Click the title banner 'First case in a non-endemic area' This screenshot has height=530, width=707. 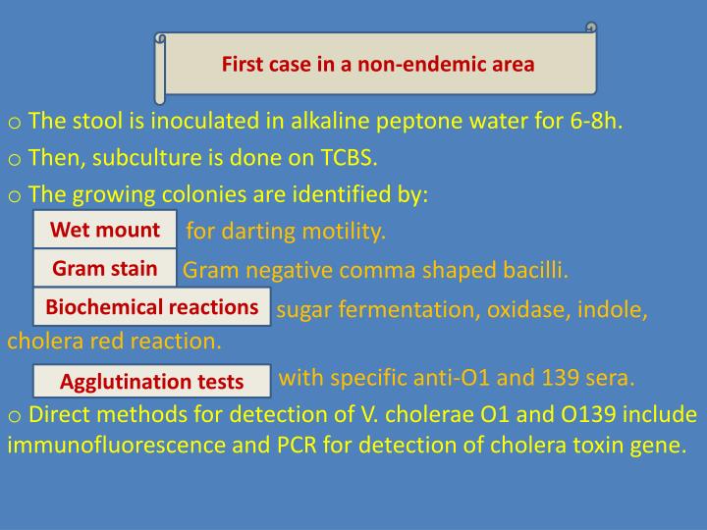pyautogui.click(x=378, y=65)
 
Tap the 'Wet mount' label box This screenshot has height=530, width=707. pyautogui.click(x=105, y=230)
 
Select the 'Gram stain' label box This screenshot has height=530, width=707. pyautogui.click(x=105, y=268)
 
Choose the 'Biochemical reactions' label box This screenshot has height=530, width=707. pyautogui.click(x=152, y=307)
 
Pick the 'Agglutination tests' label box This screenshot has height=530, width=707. pyautogui.click(x=152, y=381)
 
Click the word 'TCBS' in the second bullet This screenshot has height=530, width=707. pyautogui.click(x=349, y=157)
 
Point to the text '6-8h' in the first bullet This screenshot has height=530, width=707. pyautogui.click(x=593, y=121)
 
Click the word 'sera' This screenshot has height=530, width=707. pyautogui.click(x=609, y=378)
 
